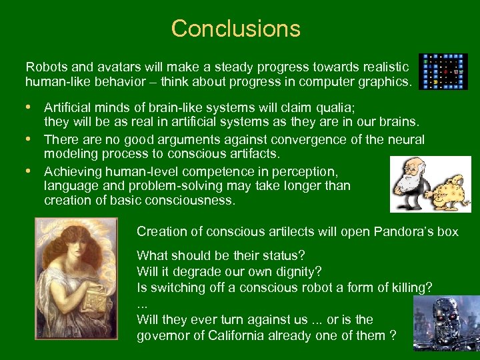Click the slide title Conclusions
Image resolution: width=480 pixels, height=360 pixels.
tap(236, 29)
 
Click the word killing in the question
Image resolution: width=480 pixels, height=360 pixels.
tap(407, 287)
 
